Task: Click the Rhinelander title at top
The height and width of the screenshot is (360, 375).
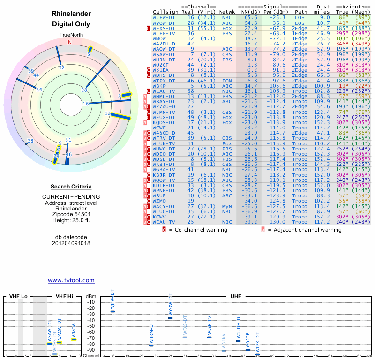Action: coord(71,14)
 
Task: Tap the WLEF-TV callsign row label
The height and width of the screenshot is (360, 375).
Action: coord(164,34)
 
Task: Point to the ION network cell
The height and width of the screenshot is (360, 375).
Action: coord(227,81)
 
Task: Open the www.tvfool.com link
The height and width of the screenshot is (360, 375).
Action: coord(71,280)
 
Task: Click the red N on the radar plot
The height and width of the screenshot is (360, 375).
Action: coord(70,42)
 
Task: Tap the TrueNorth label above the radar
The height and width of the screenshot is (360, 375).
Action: coord(71,35)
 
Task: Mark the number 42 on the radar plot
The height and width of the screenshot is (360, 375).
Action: coord(62,67)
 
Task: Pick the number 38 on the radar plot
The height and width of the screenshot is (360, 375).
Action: coord(30,141)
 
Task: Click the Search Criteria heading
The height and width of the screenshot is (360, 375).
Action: coord(71,187)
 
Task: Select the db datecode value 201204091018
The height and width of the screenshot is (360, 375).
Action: coord(71,243)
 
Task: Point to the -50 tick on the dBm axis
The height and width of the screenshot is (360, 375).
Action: coord(91,326)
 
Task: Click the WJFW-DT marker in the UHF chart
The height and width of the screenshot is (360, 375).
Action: coord(112,311)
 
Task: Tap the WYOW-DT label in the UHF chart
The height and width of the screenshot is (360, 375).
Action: coord(171,305)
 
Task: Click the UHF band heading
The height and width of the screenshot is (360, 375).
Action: coord(236,297)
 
